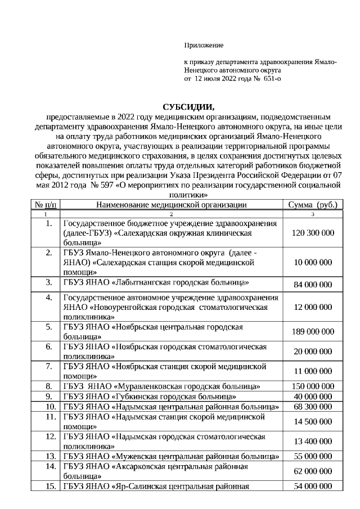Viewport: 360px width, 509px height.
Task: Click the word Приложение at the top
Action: coord(204,45)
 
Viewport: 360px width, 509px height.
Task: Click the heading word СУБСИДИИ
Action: coord(188,107)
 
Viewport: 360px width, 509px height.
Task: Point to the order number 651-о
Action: coord(271,79)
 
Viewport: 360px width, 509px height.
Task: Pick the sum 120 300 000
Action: coord(313,233)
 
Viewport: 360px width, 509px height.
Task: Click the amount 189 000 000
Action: coord(313,332)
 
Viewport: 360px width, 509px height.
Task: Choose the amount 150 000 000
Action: coord(313,386)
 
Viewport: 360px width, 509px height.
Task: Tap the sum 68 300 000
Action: coord(313,407)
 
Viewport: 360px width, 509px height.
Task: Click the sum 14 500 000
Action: coord(313,421)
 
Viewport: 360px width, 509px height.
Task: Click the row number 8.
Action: coord(49,386)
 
